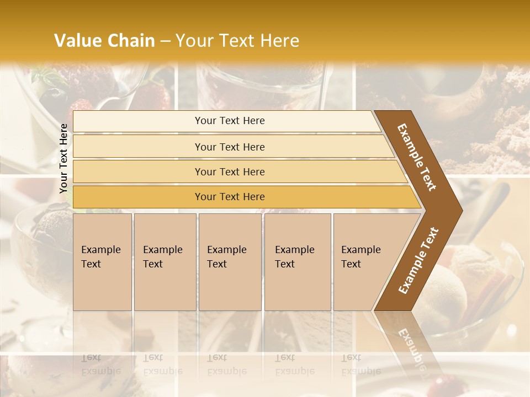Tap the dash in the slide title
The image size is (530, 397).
[x=165, y=41]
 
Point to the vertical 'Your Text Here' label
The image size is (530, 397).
[x=63, y=158]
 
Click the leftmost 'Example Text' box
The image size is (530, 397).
[x=102, y=262]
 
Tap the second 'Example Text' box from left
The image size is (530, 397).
[x=165, y=262]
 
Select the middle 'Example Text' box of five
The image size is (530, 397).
[x=230, y=262]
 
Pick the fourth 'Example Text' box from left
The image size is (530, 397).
[x=297, y=262]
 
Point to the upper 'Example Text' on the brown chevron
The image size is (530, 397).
[x=417, y=157]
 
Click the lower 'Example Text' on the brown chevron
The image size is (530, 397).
[x=418, y=261]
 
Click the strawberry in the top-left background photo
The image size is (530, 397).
[x=82, y=106]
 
